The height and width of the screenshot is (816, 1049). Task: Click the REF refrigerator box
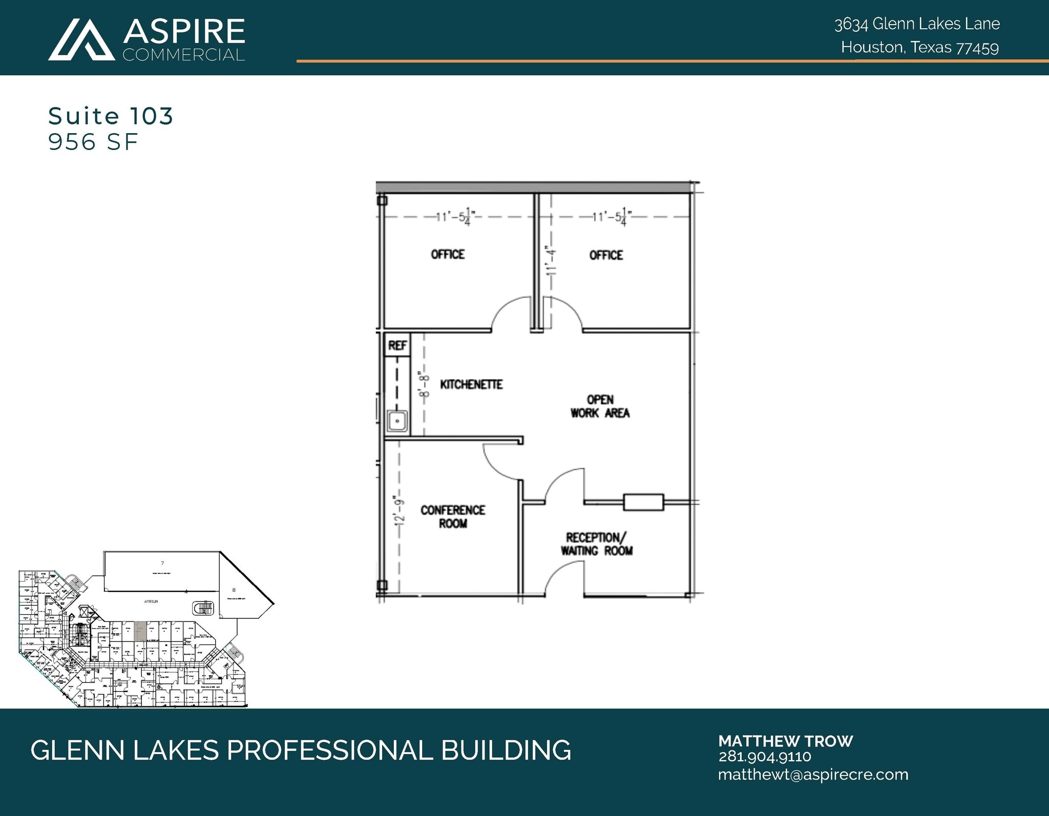(x=397, y=346)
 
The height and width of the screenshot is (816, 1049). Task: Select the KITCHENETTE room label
(x=471, y=384)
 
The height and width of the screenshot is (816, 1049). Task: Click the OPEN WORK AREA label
(x=600, y=406)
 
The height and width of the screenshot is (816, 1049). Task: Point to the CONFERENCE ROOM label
(x=453, y=517)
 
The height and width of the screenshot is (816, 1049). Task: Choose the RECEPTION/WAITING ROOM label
(x=596, y=544)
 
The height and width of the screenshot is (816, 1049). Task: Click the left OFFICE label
(x=448, y=254)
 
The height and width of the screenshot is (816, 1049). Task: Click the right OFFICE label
(x=606, y=255)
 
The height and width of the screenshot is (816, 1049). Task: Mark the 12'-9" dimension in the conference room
(x=400, y=510)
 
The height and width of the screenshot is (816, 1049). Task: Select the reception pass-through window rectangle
(x=643, y=502)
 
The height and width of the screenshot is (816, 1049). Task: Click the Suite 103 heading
(x=111, y=116)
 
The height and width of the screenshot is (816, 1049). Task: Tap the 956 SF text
(x=93, y=142)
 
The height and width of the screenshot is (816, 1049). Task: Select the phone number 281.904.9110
(x=765, y=757)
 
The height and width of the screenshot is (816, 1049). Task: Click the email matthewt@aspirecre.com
(x=813, y=775)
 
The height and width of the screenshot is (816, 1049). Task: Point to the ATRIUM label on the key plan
(x=151, y=602)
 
